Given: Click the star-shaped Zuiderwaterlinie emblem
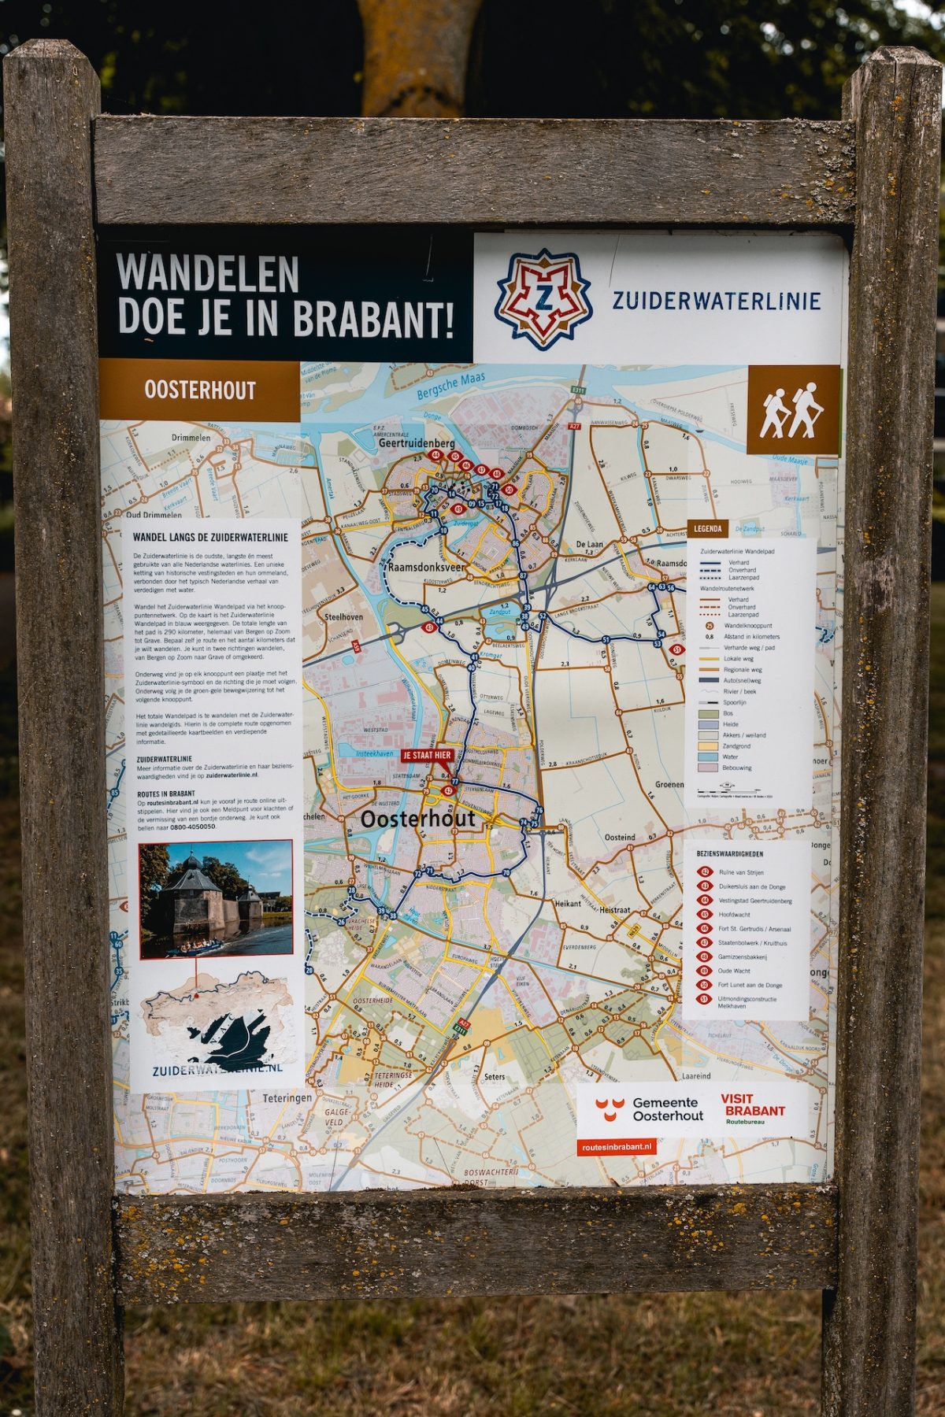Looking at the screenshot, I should click(x=543, y=300).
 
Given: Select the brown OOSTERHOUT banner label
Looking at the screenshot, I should click(x=200, y=390).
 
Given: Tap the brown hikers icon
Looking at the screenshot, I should click(x=792, y=409).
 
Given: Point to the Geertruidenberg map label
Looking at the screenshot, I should click(x=417, y=443).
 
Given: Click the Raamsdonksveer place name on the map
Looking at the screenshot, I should click(x=425, y=567).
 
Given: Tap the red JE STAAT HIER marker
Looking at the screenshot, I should click(x=427, y=755).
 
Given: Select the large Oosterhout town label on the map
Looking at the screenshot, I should click(x=418, y=819).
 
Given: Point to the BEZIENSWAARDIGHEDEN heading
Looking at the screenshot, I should click(x=729, y=853).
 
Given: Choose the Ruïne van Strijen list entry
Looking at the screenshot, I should click(x=741, y=872).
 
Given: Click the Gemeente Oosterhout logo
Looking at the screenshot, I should click(x=650, y=1109).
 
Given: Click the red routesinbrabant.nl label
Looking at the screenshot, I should click(x=617, y=1148).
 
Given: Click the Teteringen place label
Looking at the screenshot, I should click(x=287, y=1097).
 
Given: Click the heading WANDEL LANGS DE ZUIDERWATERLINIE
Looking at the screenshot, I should click(x=210, y=538).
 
